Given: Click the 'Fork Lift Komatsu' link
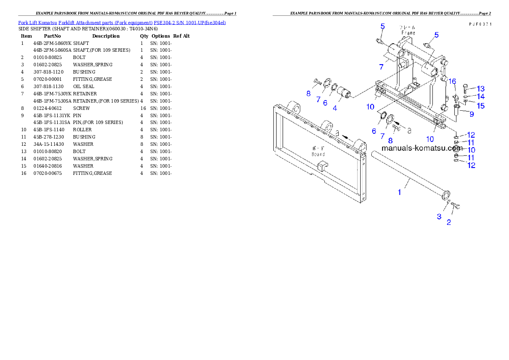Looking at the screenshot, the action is (38, 23).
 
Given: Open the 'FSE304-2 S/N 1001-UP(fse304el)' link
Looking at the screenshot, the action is (189, 23).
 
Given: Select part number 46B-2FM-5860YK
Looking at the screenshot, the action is (52, 43).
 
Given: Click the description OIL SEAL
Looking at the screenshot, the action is (83, 86).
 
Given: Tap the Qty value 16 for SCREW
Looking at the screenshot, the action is (143, 108).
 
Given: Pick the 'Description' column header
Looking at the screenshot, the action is (106, 36).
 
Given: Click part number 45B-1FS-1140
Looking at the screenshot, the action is (49, 130).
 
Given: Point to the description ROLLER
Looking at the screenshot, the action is (82, 130).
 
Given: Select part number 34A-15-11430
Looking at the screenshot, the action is (49, 144).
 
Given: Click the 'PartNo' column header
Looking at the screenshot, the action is (52, 36).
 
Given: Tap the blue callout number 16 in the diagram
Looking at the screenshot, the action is (452, 81).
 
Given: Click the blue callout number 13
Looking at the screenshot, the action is (480, 89).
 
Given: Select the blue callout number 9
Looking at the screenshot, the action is (472, 114).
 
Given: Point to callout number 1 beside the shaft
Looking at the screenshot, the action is (399, 192).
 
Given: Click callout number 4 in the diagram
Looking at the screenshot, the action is (334, 108).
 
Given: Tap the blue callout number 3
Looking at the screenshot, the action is (439, 216).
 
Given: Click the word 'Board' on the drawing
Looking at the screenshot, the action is (318, 154).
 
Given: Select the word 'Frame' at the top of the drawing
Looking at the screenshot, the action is (408, 33).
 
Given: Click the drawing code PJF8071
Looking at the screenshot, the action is (480, 24).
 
